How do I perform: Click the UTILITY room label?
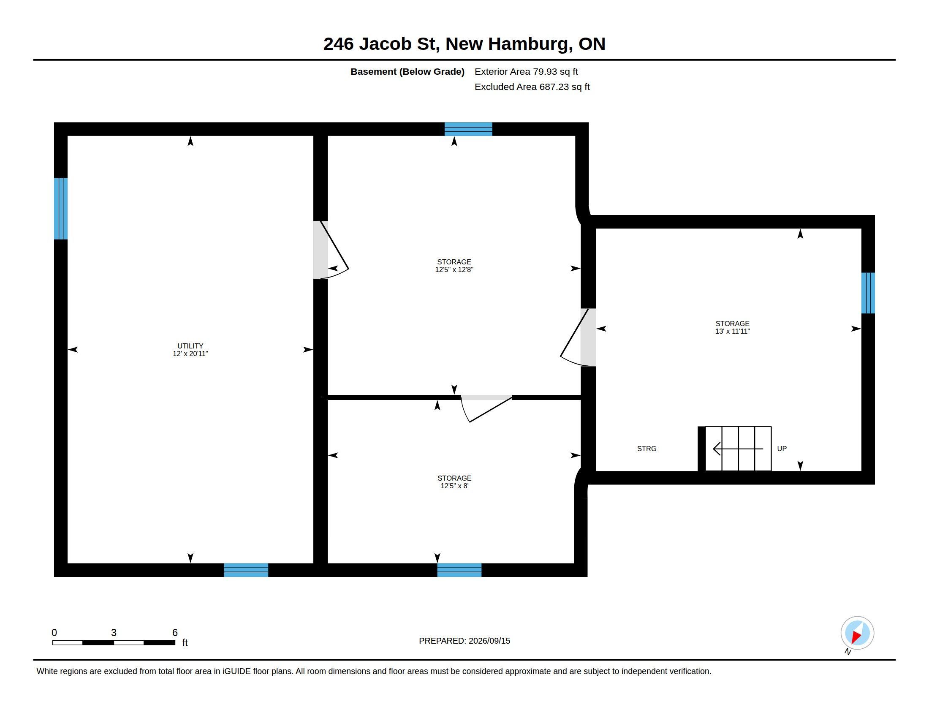[x=190, y=346]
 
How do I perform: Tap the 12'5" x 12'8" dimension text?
[x=454, y=269]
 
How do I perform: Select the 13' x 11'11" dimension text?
[x=732, y=331]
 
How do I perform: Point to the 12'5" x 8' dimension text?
[x=454, y=486]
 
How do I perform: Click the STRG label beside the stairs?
[x=646, y=448]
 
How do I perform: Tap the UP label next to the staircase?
[x=782, y=448]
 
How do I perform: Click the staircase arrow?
[x=738, y=448]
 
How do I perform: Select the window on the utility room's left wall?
[x=61, y=208]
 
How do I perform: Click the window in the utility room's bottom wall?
[x=246, y=570]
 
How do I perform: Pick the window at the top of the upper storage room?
[x=468, y=129]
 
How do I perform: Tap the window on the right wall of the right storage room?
[x=868, y=293]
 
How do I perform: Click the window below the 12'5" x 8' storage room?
[x=459, y=570]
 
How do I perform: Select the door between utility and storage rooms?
[x=331, y=250]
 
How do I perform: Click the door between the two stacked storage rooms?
[x=486, y=408]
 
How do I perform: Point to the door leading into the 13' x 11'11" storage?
[x=579, y=337]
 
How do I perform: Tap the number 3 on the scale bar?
[x=114, y=633]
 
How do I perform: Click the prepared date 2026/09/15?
[x=489, y=641]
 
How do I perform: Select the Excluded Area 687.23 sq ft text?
[x=532, y=87]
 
